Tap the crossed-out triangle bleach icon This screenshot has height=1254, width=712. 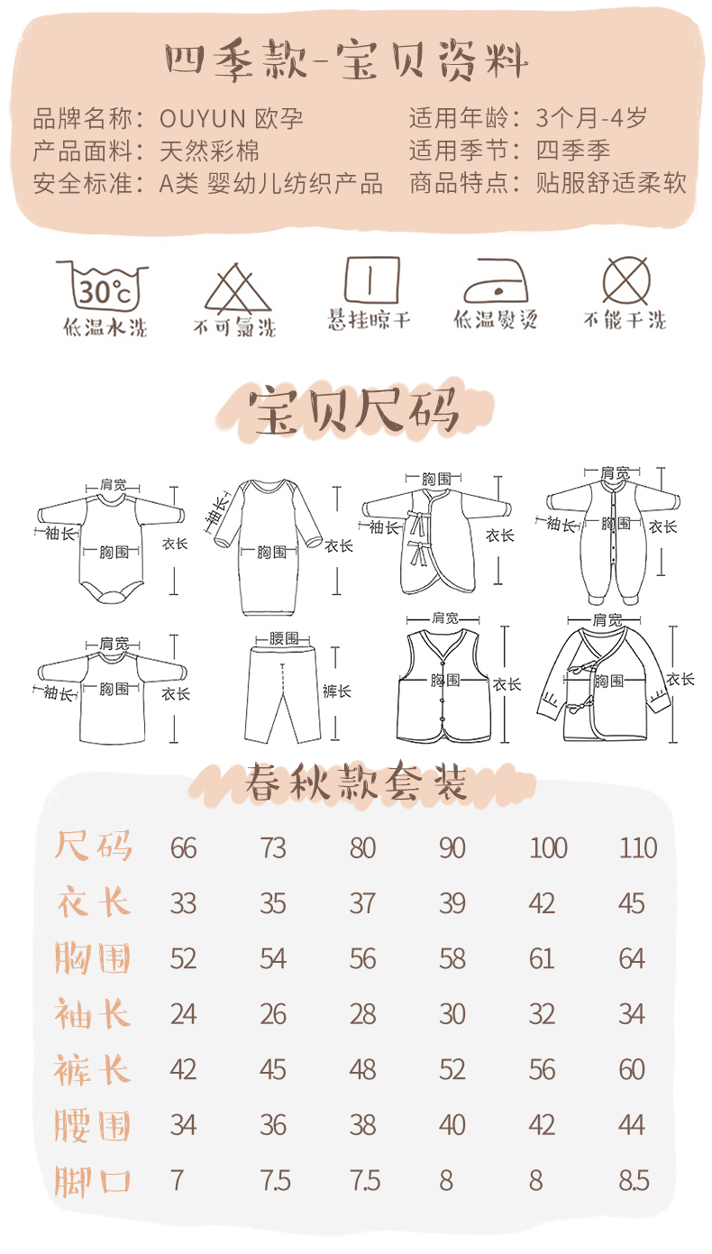tap(237, 288)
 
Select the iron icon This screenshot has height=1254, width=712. tap(496, 281)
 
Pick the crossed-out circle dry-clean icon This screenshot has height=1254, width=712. tap(626, 281)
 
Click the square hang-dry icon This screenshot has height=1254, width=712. tap(371, 279)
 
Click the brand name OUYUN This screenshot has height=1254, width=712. tap(203, 119)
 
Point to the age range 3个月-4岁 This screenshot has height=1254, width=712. tap(591, 118)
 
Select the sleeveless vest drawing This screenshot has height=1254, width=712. tap(443, 686)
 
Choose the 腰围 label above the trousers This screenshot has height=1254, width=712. tap(284, 638)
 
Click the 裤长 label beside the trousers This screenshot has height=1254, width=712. tap(337, 691)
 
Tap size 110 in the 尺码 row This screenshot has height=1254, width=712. tap(637, 848)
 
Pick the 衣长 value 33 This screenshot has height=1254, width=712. tap(183, 903)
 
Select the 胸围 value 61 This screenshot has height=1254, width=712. tap(542, 958)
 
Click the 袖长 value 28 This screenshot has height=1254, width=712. tap(362, 1014)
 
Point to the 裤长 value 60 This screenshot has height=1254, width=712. tap(632, 1069)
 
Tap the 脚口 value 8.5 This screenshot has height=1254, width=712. tap(634, 1181)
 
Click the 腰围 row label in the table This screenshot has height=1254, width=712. tap(92, 1126)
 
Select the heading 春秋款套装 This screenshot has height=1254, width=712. tap(356, 783)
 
